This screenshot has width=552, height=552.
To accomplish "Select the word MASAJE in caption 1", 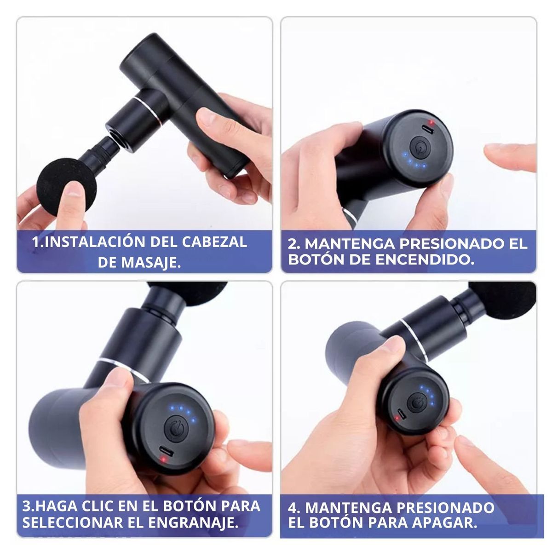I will (150, 262).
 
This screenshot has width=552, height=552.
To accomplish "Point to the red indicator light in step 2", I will (431, 122).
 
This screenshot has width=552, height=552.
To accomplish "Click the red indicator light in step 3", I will (161, 458).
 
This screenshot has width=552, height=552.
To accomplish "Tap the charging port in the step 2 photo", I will (428, 130).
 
